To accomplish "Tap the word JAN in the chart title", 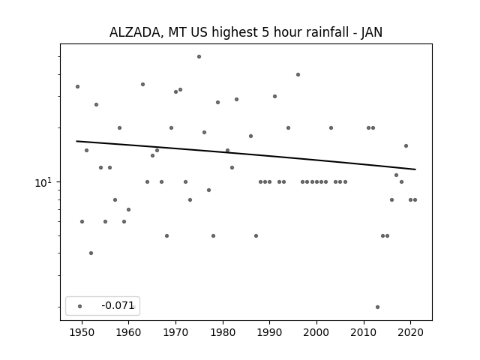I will tap(370, 32).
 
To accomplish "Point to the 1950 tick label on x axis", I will tap(82, 332).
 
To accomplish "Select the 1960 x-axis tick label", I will tap(129, 332).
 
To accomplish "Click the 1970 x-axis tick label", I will tap(175, 332).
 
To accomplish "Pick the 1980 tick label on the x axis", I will tap(223, 332).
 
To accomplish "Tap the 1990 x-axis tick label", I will tap(270, 332).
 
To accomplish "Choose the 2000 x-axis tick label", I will tap(316, 332).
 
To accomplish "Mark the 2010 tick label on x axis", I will tap(364, 332).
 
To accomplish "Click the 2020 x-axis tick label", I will tap(410, 332).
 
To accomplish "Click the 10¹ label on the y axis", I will tap(44, 181).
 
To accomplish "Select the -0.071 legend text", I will tap(118, 306).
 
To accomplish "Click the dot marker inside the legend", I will tap(79, 306).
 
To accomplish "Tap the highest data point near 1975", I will tap(199, 56).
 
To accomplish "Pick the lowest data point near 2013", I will tap(377, 307).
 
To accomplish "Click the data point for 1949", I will tap(77, 86).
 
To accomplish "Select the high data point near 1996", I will tap(298, 74).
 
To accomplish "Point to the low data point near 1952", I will tap(91, 253).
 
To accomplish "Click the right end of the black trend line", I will tap(415, 169).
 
